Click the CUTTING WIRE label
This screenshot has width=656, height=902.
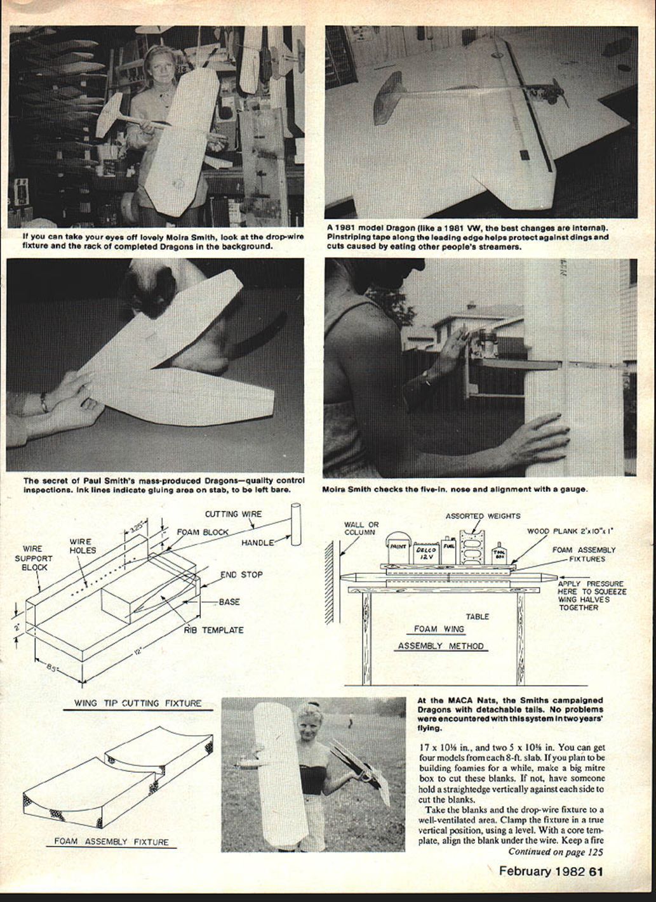[x=232, y=514]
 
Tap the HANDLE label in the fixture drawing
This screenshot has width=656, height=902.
[x=258, y=543]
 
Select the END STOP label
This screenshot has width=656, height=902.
[x=241, y=575]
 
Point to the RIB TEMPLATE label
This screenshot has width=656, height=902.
[x=214, y=630]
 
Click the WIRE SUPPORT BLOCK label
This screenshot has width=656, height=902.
[x=33, y=558]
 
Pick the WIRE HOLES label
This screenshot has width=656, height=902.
[x=83, y=547]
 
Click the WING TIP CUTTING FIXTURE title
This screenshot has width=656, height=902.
[x=138, y=703]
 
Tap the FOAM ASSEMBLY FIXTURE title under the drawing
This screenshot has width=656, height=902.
[x=111, y=842]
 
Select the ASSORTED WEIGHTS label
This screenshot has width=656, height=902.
[x=483, y=516]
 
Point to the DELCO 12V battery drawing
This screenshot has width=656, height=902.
[x=425, y=554]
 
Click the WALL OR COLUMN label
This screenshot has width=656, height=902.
[x=361, y=528]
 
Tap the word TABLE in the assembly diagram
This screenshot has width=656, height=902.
[x=478, y=616]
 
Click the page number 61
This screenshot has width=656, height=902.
[x=596, y=871]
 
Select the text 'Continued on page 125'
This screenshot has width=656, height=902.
[x=555, y=852]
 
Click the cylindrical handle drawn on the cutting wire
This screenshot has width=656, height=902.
[x=295, y=525]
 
